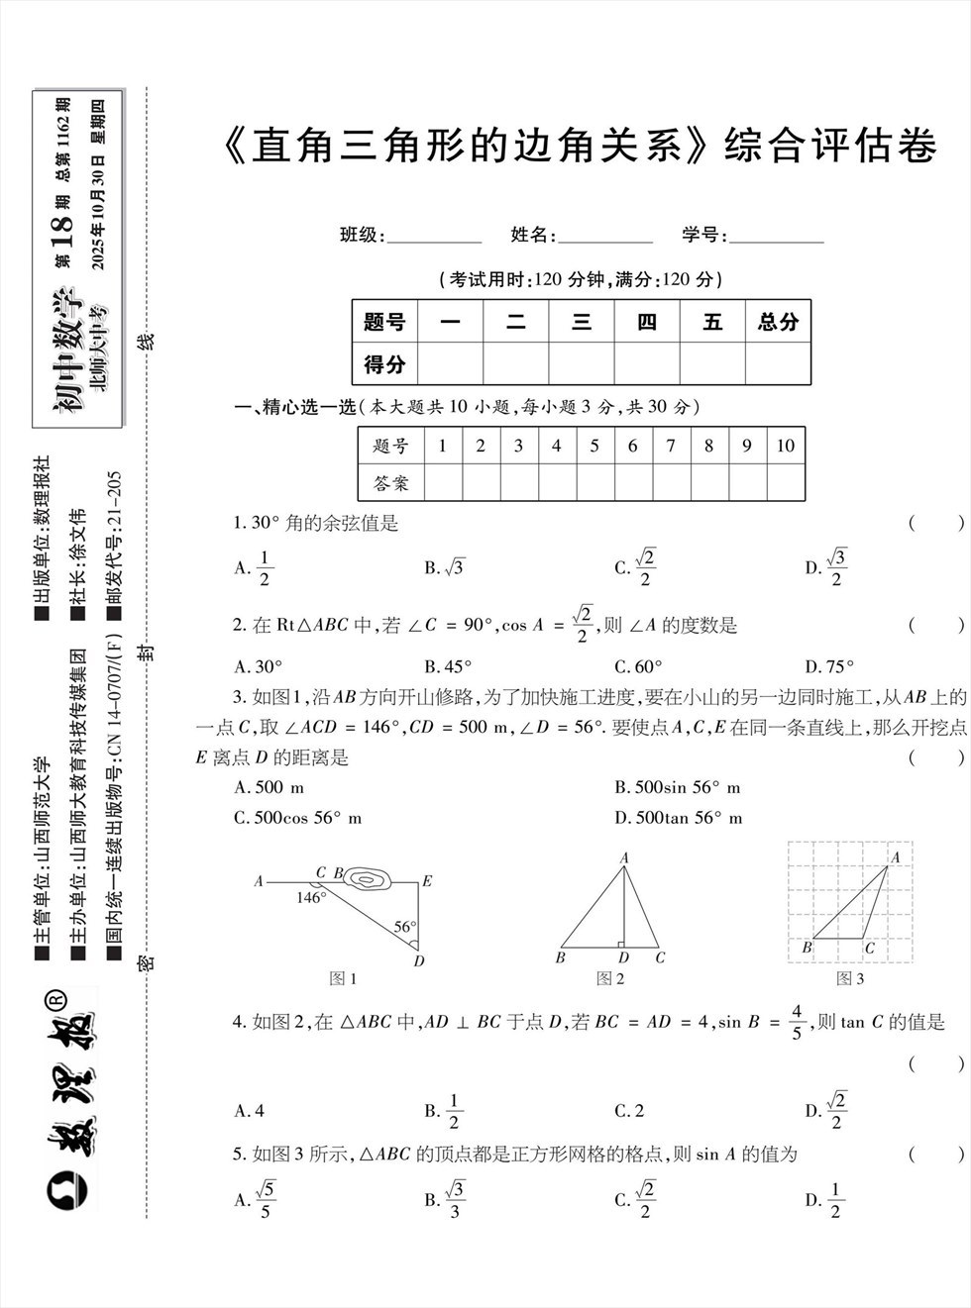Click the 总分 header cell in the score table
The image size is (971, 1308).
pyautogui.click(x=778, y=322)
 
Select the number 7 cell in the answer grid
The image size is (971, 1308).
pyautogui.click(x=671, y=446)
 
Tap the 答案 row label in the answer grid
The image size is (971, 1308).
pyautogui.click(x=390, y=483)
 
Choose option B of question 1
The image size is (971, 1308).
pyautogui.click(x=444, y=567)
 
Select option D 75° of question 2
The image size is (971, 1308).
pyautogui.click(x=828, y=666)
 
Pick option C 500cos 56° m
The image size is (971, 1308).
pyautogui.click(x=297, y=818)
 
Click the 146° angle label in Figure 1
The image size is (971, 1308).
pyautogui.click(x=310, y=897)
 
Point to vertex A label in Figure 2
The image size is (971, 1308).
pyautogui.click(x=624, y=858)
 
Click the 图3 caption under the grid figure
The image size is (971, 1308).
pyautogui.click(x=850, y=978)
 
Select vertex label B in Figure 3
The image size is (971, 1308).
pyautogui.click(x=807, y=948)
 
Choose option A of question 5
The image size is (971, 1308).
pyautogui.click(x=256, y=1199)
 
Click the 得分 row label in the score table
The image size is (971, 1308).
pyautogui.click(x=384, y=363)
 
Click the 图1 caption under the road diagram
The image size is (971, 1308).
pyautogui.click(x=343, y=978)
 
